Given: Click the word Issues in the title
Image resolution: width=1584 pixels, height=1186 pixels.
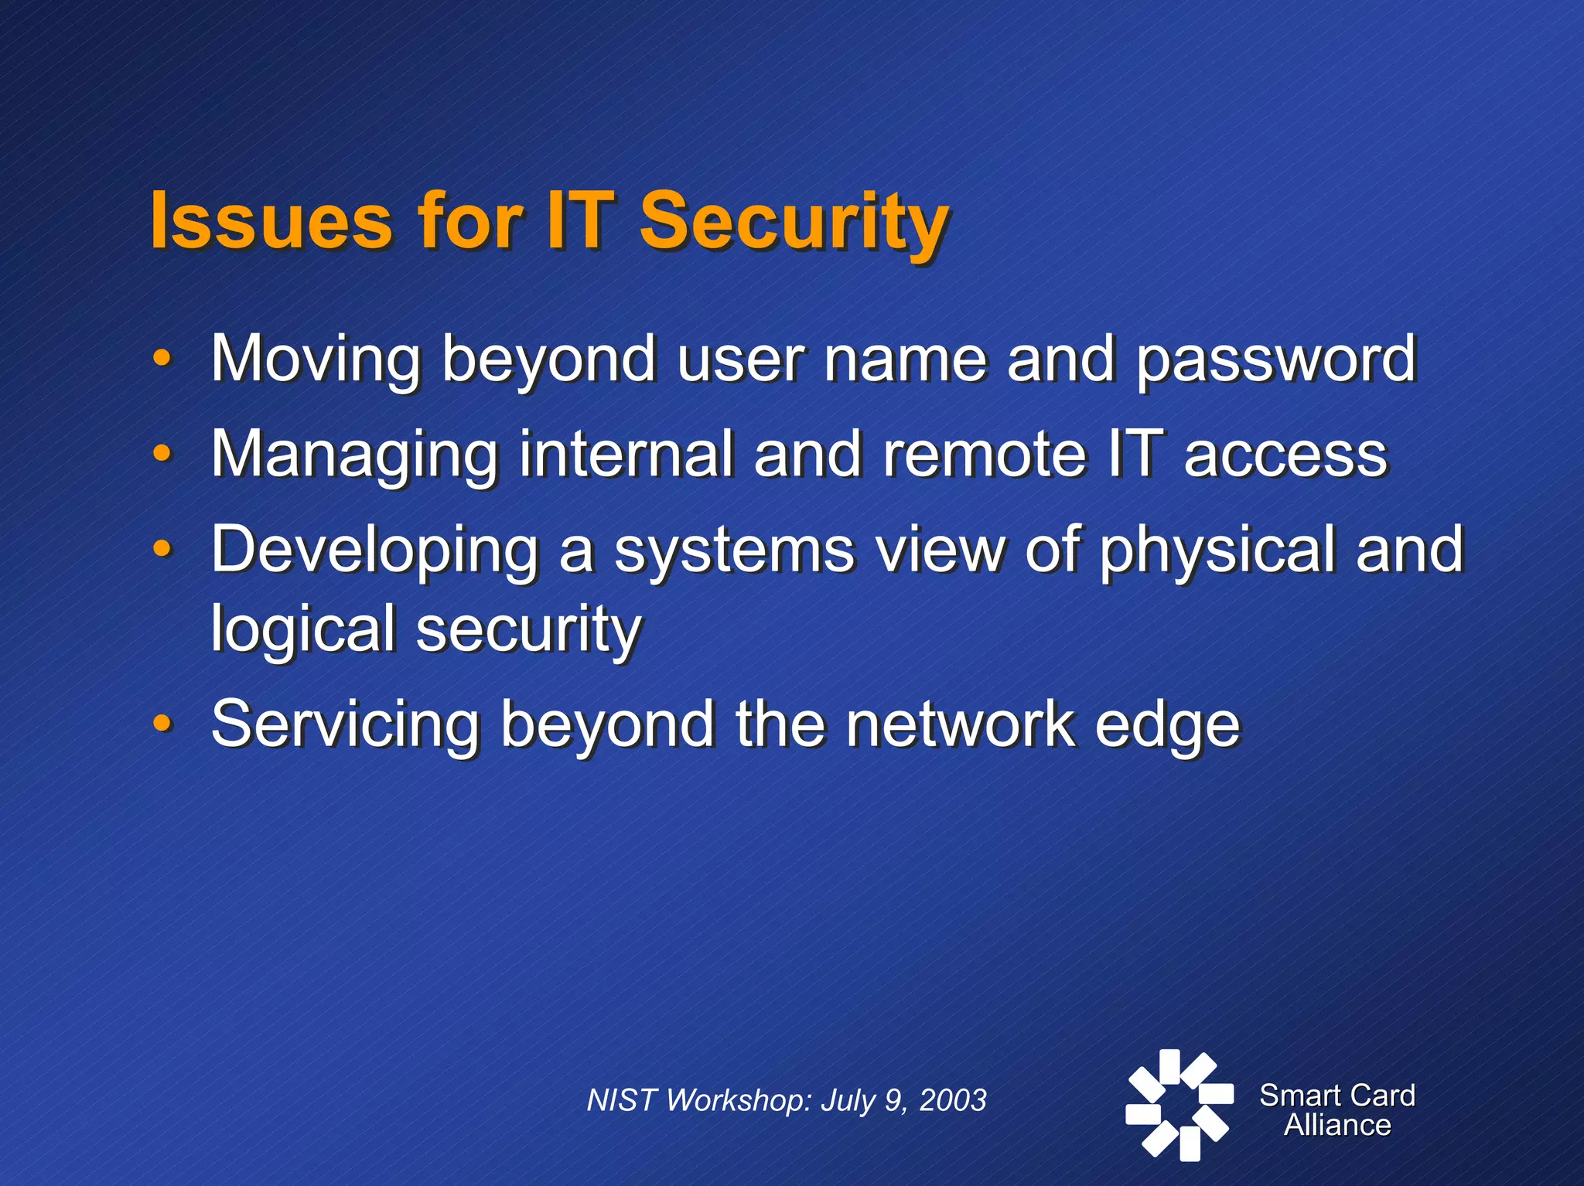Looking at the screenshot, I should click(271, 221).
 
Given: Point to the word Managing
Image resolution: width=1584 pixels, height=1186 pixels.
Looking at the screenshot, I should click(354, 455).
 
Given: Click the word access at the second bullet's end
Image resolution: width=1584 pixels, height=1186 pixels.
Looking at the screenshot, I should click(1285, 455).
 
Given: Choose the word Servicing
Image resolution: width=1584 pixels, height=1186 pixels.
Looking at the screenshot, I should click(345, 724).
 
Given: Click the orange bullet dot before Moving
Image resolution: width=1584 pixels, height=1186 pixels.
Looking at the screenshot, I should click(162, 357).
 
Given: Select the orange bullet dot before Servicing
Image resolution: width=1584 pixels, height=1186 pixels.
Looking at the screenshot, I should click(162, 723).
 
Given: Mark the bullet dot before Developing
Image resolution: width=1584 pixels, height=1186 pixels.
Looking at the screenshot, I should click(162, 548).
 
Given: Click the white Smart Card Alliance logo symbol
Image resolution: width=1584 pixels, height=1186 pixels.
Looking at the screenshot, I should click(1178, 1105).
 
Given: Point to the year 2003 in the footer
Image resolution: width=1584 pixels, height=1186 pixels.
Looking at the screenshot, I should click(953, 1100).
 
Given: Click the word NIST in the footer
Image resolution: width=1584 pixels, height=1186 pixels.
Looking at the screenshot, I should click(622, 1100).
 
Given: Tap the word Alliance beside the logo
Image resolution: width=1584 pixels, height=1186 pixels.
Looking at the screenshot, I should click(1337, 1125).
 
